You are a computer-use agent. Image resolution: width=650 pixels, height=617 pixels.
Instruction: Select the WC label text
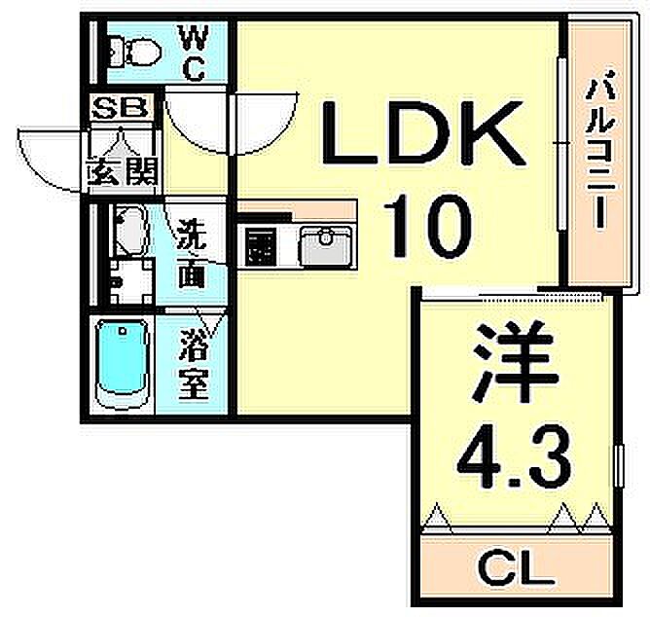pyautogui.click(x=194, y=54)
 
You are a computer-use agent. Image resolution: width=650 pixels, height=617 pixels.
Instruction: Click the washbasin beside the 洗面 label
pyautogui.click(x=128, y=233)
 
